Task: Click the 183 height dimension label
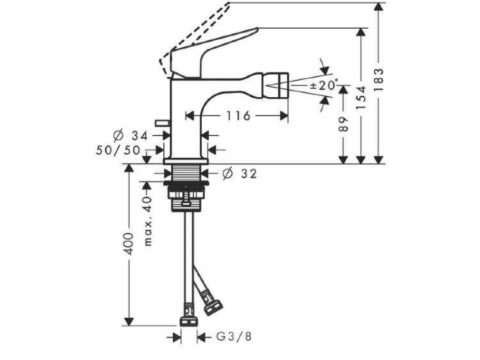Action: click(379, 80)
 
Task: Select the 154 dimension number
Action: click(362, 98)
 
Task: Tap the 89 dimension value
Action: click(344, 124)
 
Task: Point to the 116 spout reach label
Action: click(238, 116)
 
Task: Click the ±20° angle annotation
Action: click(324, 84)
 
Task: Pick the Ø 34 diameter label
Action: click(130, 135)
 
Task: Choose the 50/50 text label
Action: click(118, 150)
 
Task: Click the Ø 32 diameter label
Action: click(240, 174)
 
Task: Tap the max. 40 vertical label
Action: click(148, 221)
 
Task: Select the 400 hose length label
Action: click(129, 244)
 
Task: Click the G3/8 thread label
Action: click(234, 337)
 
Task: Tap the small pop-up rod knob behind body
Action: click(163, 123)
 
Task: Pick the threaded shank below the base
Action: click(186, 173)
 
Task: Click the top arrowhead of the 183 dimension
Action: click(379, 7)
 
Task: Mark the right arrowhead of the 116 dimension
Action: click(284, 116)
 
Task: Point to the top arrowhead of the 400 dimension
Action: click(129, 169)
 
